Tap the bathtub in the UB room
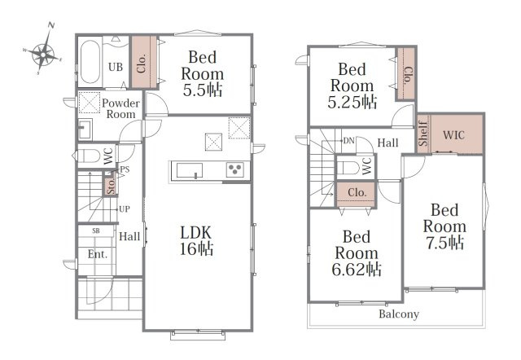[90, 62]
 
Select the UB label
[116, 67]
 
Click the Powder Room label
[120, 108]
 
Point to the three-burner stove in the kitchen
[235, 169]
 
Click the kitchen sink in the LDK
[190, 170]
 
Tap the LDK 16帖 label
[196, 240]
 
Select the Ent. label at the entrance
[98, 254]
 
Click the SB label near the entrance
[96, 230]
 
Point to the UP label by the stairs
[125, 209]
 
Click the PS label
[125, 169]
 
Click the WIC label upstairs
[454, 135]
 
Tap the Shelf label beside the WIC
[423, 134]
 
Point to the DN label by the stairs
[348, 141]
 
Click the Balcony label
[399, 314]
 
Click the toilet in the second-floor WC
[348, 168]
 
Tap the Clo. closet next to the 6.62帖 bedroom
[357, 194]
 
